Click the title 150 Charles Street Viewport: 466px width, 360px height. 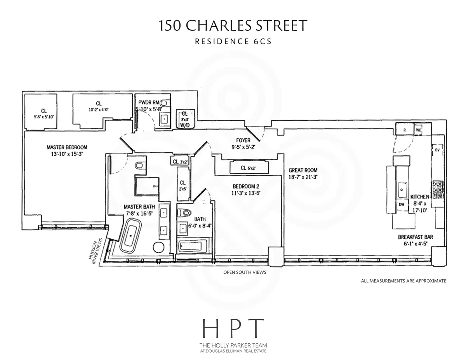(233, 26)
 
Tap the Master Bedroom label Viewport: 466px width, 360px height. (67, 147)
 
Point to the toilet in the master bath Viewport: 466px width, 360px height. (139, 165)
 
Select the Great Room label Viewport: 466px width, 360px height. (303, 170)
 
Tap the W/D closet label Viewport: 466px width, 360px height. (183, 125)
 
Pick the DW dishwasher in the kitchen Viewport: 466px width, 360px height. (401, 204)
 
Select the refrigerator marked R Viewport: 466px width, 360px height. (404, 130)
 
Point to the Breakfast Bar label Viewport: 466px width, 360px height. (415, 237)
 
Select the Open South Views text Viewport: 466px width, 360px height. (245, 272)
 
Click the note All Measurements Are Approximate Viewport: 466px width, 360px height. (403, 280)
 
